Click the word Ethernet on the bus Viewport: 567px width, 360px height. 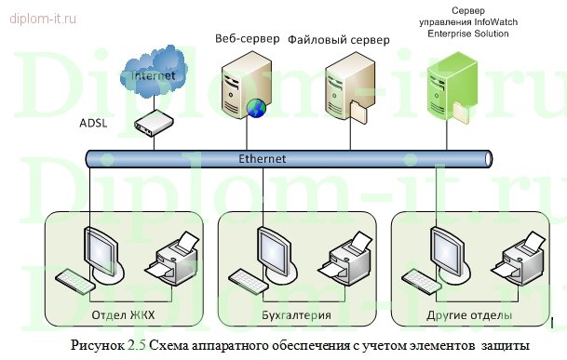tap(263, 159)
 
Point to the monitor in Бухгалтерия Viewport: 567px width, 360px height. tap(273, 250)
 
